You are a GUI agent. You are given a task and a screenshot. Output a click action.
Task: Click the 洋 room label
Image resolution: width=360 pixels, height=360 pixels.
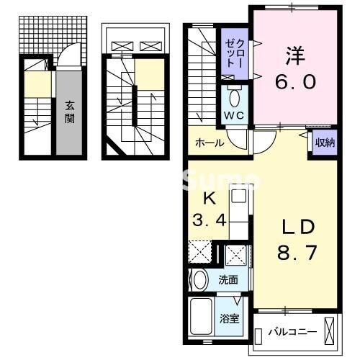(293, 55)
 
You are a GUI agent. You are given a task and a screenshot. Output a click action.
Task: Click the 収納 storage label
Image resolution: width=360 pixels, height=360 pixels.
(324, 143)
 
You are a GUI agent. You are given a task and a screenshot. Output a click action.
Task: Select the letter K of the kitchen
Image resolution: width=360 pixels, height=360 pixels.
(209, 198)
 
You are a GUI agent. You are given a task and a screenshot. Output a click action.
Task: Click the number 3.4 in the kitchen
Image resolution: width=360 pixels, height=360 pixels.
(209, 220)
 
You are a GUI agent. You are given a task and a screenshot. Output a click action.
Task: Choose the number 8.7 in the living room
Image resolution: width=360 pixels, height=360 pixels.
(293, 253)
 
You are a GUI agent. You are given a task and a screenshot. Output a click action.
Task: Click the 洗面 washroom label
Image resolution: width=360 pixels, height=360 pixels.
(229, 279)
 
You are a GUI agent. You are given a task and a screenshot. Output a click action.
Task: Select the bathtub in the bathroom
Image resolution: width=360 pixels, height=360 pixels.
(202, 316)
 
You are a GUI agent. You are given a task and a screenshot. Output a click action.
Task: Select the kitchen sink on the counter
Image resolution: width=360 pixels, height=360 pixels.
(240, 195)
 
